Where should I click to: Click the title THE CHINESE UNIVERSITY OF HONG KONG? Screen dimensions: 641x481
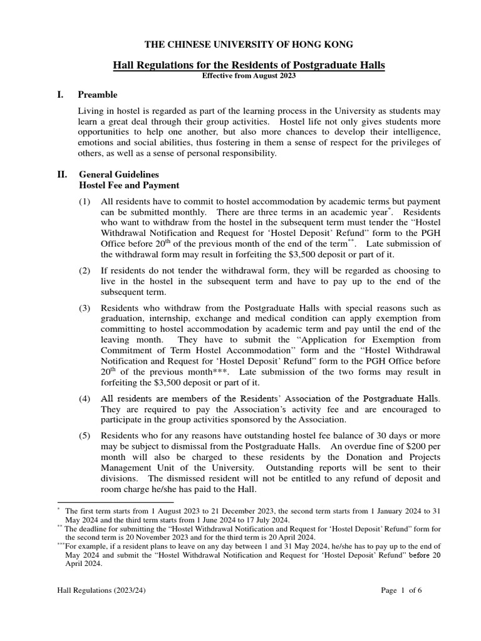pos(249,44)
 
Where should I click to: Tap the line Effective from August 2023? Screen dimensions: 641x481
pos(249,75)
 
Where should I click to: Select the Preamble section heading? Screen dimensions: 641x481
pos(97,95)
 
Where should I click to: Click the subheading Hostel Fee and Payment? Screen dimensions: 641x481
pos(128,185)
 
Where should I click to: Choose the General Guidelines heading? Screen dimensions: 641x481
pos(118,174)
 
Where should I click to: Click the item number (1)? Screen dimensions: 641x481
pos(85,202)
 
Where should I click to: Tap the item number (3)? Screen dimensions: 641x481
pos(85,308)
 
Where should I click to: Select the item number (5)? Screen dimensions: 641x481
pos(85,435)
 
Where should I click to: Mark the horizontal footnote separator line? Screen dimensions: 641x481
pos(115,502)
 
